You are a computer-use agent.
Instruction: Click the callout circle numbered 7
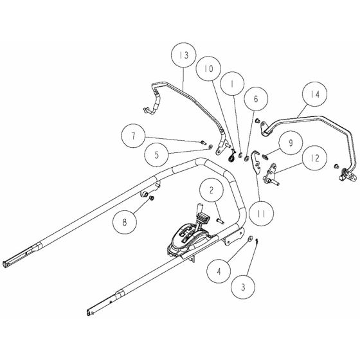click(x=133, y=136)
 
